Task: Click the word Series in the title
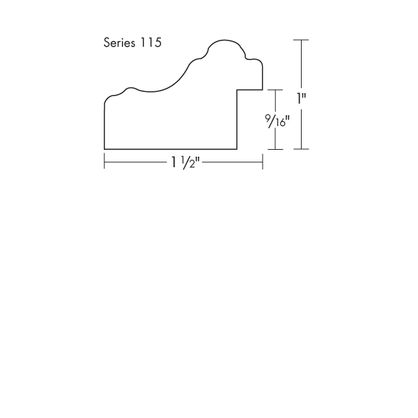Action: pos(119,42)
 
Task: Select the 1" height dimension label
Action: pos(302,98)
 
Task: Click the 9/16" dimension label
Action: pos(277,121)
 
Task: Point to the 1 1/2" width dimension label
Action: pos(185,162)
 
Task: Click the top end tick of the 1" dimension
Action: pos(301,40)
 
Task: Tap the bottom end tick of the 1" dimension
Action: pos(301,149)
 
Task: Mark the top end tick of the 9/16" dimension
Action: pos(275,90)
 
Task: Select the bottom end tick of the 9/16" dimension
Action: pos(275,149)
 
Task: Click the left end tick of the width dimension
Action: pos(104,161)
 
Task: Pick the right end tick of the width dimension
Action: pos(263,162)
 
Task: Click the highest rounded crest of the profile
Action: pos(225,40)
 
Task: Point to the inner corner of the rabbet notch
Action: pos(237,90)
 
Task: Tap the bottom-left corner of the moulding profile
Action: pos(104,149)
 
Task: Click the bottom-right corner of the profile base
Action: pos(237,149)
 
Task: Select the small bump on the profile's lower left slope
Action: pos(130,88)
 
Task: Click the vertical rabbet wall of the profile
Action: pos(237,119)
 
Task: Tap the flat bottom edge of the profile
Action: pos(171,149)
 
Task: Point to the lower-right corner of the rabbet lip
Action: pos(263,90)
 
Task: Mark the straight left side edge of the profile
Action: pos(104,126)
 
